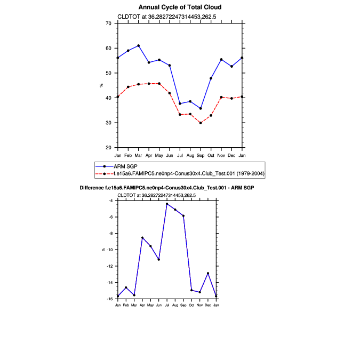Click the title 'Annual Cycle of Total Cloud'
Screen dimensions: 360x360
[x=180, y=7]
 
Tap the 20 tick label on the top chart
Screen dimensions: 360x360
[x=108, y=148]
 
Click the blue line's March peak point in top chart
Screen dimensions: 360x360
[x=139, y=46]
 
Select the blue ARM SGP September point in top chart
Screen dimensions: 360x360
[x=201, y=108]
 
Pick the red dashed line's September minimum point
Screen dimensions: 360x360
[x=201, y=123]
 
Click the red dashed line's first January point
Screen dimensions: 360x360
[x=118, y=97]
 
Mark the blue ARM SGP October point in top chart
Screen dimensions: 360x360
[x=211, y=78]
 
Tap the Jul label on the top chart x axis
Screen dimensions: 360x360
[x=180, y=155]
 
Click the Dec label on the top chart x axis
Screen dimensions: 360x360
[x=231, y=155]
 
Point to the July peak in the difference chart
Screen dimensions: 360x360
[x=167, y=204]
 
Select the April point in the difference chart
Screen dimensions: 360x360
[x=142, y=238]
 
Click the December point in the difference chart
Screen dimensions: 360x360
[x=208, y=273]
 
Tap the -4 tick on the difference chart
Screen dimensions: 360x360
[x=110, y=201]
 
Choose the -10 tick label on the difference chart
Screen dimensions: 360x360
[x=109, y=250]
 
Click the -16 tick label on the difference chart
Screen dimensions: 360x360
[x=109, y=299]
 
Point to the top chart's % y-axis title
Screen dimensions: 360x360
[x=101, y=85]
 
